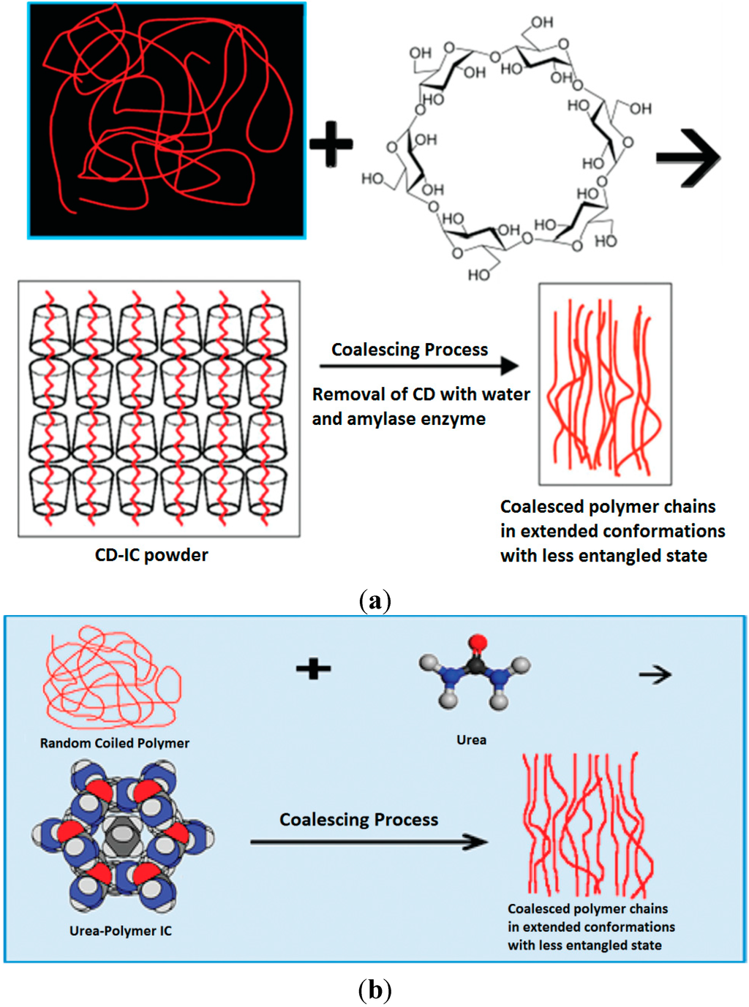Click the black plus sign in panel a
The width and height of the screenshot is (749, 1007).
[331, 143]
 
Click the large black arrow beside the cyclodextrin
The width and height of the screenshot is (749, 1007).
[688, 157]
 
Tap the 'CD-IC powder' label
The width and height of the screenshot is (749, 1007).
[151, 555]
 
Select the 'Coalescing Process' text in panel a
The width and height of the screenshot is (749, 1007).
[410, 350]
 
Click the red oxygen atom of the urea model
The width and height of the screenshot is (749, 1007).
[478, 644]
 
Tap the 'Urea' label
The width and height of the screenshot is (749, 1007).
[471, 740]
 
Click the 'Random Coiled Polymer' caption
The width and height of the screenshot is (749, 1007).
[115, 743]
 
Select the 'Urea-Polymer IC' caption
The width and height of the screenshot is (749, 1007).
[121, 931]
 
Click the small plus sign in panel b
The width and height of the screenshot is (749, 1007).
[314, 668]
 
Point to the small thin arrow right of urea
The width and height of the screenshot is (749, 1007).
[655, 674]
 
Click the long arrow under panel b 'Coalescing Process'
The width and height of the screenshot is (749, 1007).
[369, 842]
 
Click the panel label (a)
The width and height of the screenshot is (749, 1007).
[375, 601]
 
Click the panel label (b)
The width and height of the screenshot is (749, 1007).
[375, 990]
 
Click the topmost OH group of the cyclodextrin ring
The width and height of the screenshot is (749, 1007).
[542, 23]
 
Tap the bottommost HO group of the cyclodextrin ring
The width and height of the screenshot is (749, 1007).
[479, 275]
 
